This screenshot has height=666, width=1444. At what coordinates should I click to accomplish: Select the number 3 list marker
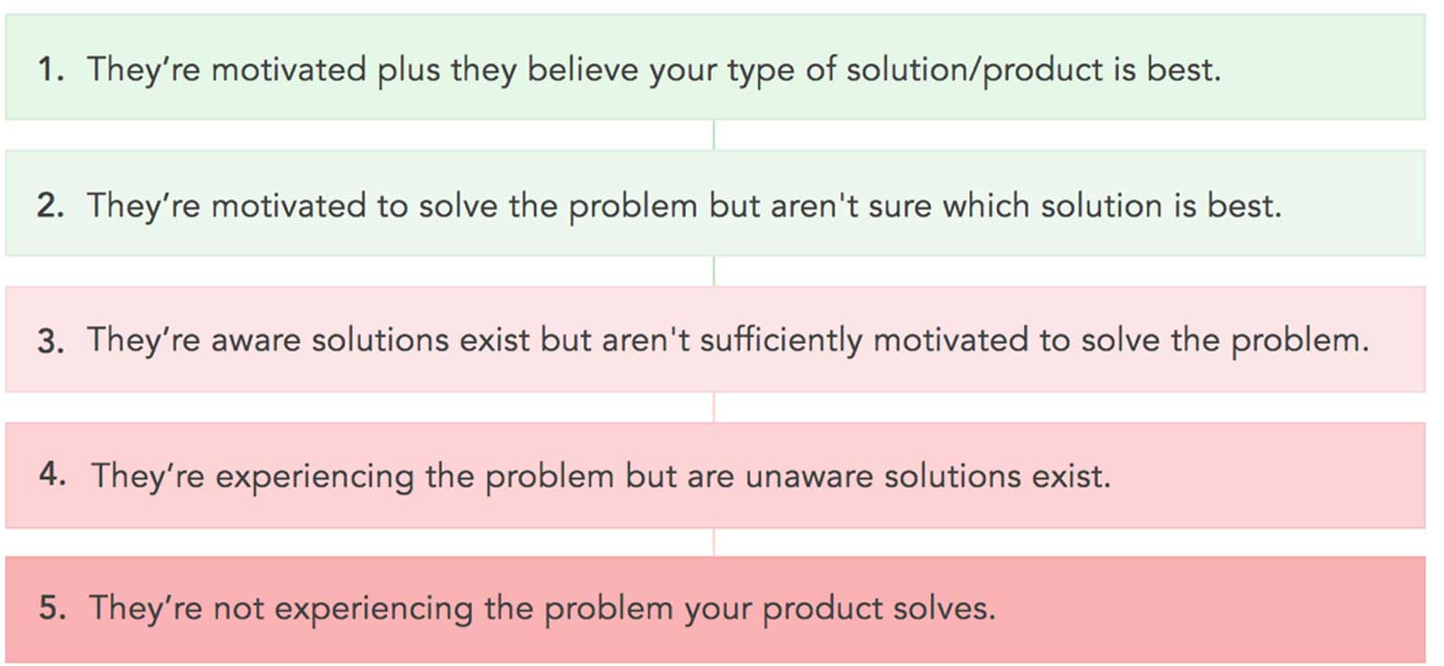(x=51, y=340)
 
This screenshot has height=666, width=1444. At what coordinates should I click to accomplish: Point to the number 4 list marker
(x=52, y=476)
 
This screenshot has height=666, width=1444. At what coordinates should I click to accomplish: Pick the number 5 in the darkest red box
(x=52, y=607)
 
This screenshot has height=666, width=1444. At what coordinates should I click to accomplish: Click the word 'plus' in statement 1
(x=409, y=70)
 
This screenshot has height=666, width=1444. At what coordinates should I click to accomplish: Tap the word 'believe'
(x=583, y=69)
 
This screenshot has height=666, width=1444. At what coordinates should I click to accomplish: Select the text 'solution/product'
(x=975, y=70)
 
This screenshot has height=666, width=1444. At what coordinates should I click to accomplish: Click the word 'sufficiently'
(x=782, y=341)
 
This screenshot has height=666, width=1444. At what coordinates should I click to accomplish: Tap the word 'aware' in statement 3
(x=255, y=342)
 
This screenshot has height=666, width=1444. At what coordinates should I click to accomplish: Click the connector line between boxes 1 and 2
(x=714, y=134)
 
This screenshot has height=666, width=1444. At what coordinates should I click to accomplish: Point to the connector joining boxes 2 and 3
(x=714, y=272)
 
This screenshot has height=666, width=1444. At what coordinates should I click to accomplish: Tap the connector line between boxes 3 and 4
(x=714, y=408)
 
